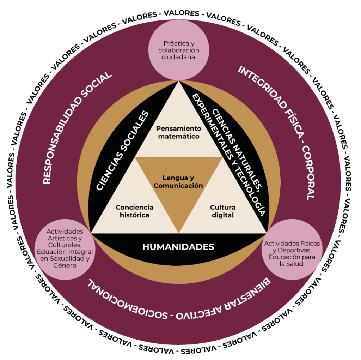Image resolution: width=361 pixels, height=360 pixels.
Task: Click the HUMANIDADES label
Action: pyautogui.click(x=178, y=247)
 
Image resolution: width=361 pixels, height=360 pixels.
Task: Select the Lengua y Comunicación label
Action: pyautogui.click(x=178, y=182)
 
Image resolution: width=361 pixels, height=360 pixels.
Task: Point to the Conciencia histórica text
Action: pyautogui.click(x=134, y=211)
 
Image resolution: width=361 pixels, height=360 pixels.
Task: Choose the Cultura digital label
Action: pyautogui.click(x=222, y=211)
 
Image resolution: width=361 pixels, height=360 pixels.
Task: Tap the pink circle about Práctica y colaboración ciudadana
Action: pyautogui.click(x=179, y=50)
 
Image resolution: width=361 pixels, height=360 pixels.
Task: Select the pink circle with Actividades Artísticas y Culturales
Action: pyautogui.click(x=65, y=248)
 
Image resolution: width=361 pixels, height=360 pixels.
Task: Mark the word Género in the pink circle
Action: pyautogui.click(x=66, y=265)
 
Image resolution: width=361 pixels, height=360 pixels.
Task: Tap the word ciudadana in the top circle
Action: pyautogui.click(x=179, y=57)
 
